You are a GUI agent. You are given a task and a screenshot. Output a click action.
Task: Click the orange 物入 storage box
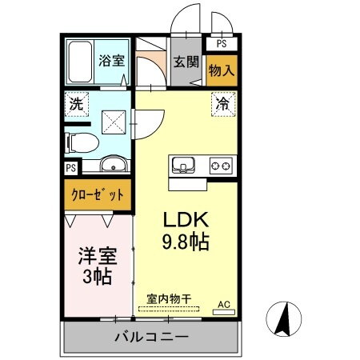[222, 70]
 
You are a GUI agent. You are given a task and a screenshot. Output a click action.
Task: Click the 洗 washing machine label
[75, 104]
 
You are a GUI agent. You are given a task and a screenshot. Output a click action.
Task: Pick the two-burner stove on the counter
[222, 166]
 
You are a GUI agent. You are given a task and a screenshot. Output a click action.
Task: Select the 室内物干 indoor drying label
[169, 299]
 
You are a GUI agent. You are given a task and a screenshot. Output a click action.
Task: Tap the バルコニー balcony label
[150, 337]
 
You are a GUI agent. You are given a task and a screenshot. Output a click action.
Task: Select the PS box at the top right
[222, 46]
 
